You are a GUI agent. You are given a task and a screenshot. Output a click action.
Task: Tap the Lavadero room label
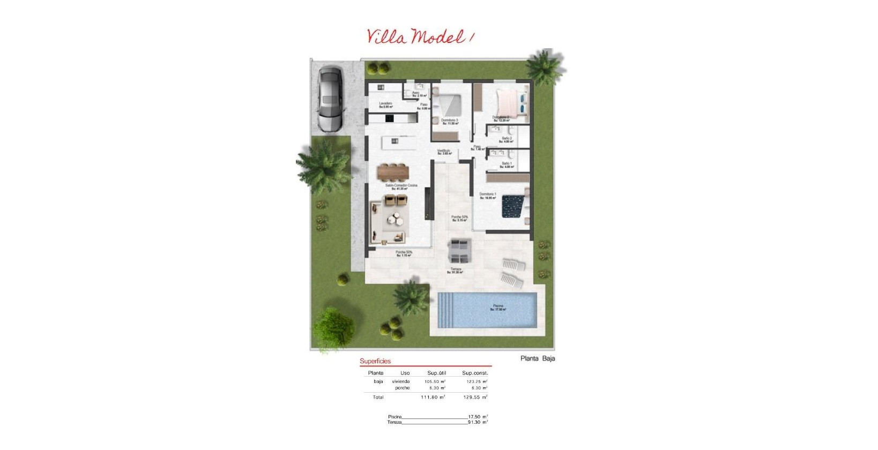(385, 104)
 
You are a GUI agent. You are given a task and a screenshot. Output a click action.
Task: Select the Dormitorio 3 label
(449, 121)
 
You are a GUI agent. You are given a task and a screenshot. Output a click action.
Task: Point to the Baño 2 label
(507, 139)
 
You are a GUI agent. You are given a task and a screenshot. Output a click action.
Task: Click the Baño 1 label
(507, 164)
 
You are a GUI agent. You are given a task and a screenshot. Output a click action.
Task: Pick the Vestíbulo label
(443, 152)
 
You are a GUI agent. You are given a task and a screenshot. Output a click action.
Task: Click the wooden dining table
(393, 172)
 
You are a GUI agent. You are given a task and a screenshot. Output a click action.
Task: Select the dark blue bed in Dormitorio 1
(512, 207)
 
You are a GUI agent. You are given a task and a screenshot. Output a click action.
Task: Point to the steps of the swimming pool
(448, 310)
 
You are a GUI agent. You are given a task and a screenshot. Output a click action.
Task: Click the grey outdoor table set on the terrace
(460, 251)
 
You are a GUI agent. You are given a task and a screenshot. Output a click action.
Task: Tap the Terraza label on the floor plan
(455, 269)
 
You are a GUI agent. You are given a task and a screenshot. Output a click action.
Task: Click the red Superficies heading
(375, 361)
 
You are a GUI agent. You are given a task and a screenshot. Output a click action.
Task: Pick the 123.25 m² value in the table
(477, 381)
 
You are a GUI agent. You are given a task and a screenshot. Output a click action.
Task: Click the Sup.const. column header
(475, 373)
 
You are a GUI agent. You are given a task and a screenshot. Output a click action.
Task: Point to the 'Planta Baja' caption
(538, 358)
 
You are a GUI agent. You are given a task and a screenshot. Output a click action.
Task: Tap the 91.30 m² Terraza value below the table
(477, 422)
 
